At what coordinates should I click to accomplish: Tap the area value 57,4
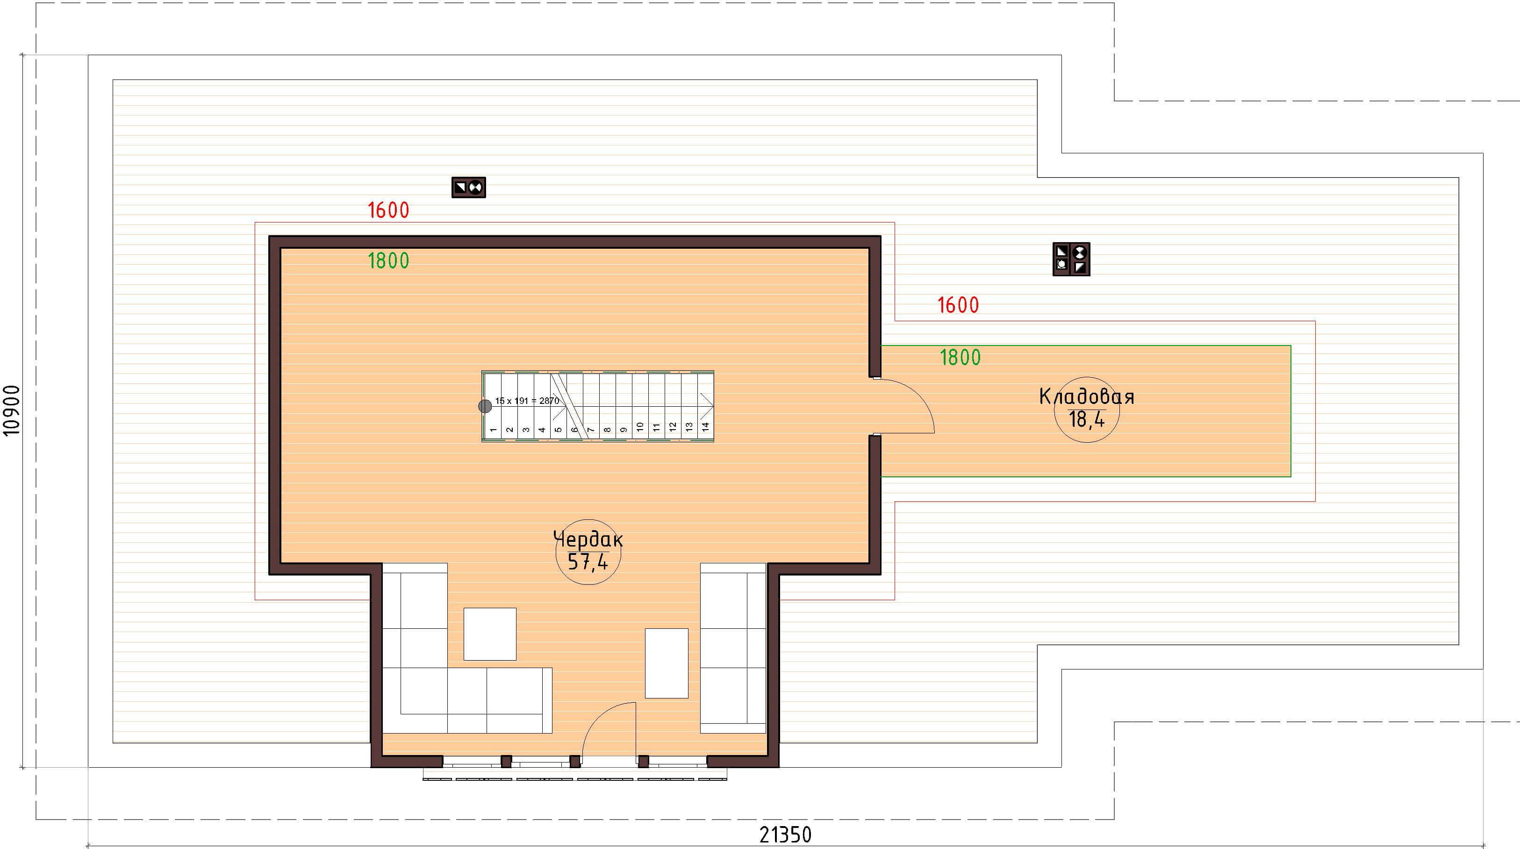[588, 561]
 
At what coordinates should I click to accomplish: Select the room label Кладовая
[1086, 396]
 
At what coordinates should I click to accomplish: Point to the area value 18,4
[1086, 419]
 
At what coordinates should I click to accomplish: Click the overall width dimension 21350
[785, 835]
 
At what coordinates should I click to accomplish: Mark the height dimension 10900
[12, 410]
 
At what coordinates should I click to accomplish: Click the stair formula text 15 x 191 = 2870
[527, 401]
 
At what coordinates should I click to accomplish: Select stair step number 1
[493, 430]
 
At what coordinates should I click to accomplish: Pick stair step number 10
[639, 426]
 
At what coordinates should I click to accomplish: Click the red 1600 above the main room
[388, 210]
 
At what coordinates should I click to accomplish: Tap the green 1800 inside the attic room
[388, 261]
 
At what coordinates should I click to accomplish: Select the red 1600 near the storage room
[958, 305]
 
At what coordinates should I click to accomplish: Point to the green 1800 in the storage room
[960, 357]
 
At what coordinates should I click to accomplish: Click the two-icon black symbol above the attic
[468, 187]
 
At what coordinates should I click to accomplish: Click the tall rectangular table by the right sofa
[666, 663]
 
